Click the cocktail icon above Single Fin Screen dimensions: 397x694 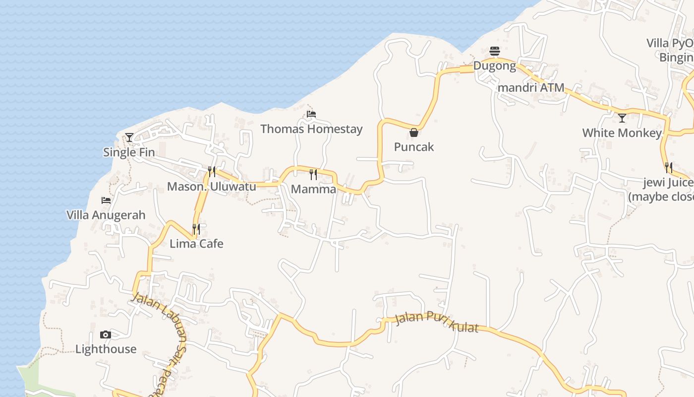point(129,137)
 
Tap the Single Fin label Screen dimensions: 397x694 point(129,152)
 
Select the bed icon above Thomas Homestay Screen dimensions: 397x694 point(311,114)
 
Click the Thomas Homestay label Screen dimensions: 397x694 point(311,129)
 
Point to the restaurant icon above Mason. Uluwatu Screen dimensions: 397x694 point(212,172)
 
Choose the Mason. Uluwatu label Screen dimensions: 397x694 point(212,187)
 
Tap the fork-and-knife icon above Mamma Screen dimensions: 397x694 point(313,174)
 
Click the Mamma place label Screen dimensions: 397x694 point(313,189)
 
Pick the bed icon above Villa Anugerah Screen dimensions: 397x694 point(106,200)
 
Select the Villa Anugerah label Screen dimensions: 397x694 point(106,215)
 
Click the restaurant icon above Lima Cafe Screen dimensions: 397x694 point(196,229)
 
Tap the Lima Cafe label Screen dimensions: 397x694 point(196,244)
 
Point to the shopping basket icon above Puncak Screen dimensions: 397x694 point(414,132)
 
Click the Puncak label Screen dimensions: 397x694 point(414,147)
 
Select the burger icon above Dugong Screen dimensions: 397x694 point(495,51)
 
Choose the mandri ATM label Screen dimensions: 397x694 point(531,88)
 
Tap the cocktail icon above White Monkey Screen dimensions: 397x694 point(622,118)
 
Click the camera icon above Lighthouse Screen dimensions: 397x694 point(106,334)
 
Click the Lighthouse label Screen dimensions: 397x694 point(106,349)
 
